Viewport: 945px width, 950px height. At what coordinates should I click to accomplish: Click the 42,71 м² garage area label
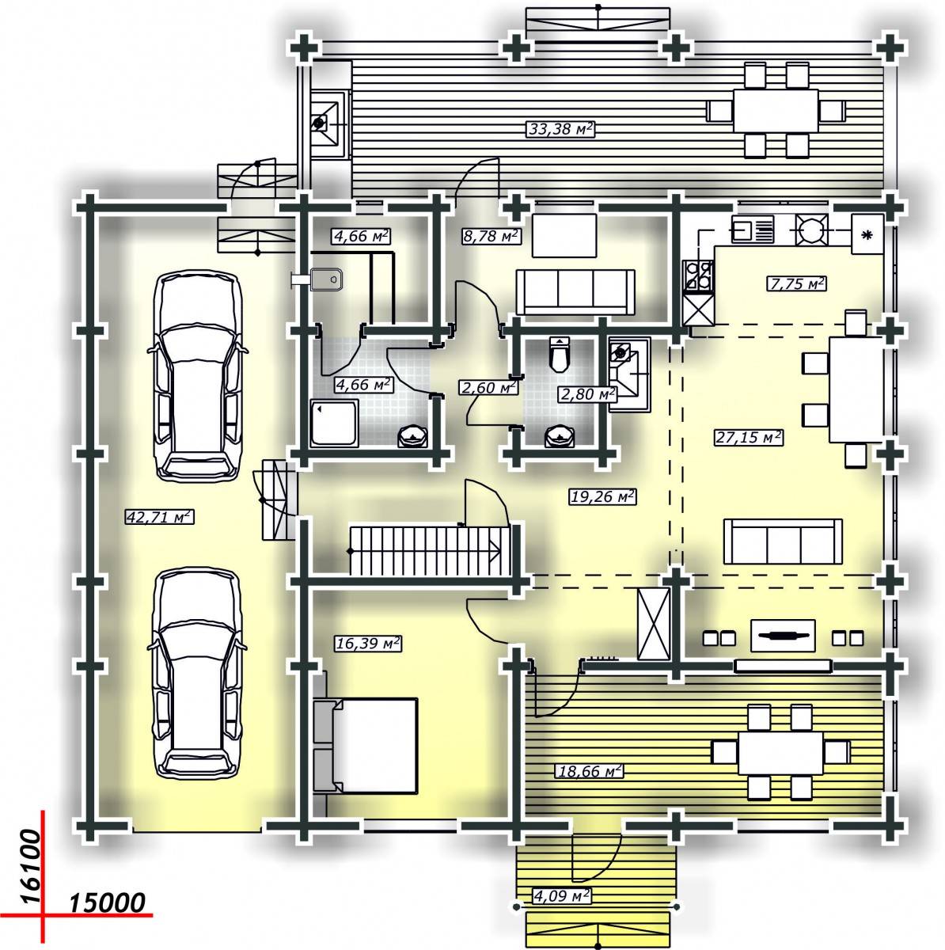click(x=160, y=517)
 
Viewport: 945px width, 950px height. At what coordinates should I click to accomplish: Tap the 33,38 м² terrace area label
click(x=560, y=129)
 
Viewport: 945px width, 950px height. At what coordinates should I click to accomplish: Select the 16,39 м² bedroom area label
click(x=368, y=644)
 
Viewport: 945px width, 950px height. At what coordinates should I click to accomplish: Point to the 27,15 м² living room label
click(x=748, y=437)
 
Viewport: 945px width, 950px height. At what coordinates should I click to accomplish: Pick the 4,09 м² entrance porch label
click(x=561, y=895)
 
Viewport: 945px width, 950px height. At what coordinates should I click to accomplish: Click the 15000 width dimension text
click(x=107, y=902)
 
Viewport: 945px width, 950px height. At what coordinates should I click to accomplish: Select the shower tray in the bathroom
click(x=334, y=424)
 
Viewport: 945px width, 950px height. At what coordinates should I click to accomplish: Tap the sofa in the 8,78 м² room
click(x=575, y=291)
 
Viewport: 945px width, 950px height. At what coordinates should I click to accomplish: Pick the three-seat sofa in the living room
click(x=783, y=541)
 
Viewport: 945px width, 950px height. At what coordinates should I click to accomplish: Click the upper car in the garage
click(x=199, y=375)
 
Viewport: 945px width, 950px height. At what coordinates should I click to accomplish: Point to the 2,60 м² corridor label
click(x=488, y=387)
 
